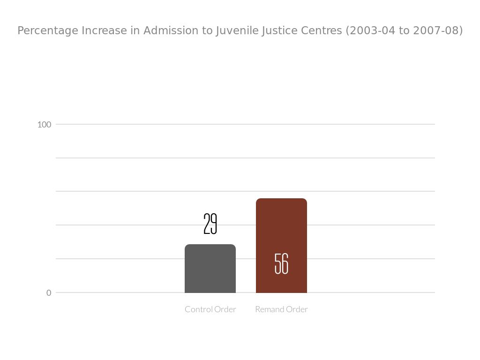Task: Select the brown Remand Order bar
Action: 281,234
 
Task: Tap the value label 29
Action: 210,224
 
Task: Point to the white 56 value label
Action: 281,263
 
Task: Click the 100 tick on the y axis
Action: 44,125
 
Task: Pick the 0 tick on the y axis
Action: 49,293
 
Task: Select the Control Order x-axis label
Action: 210,309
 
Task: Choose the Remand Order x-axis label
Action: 281,309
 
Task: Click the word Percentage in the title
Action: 48,31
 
